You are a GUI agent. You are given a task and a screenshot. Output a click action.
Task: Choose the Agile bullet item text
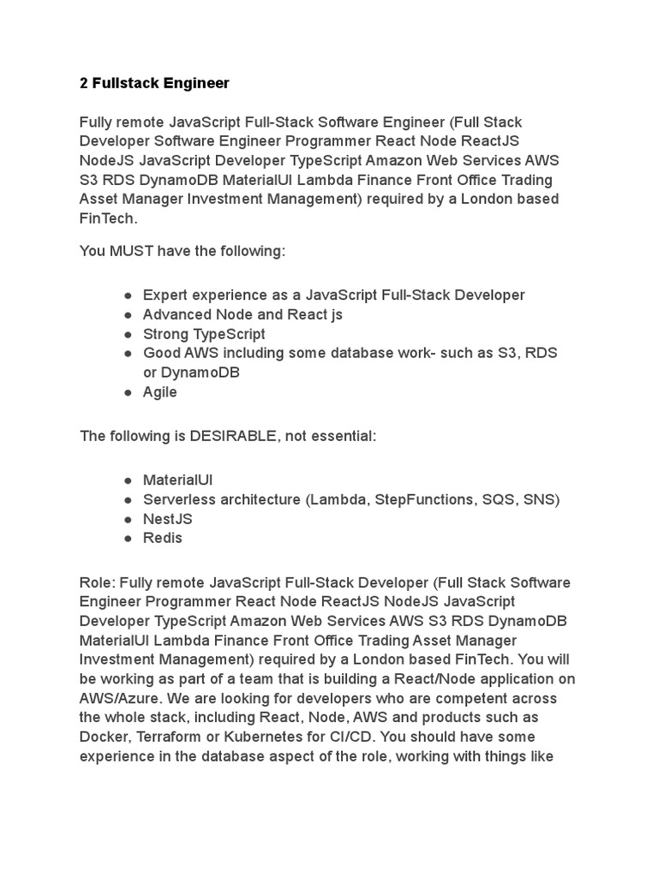tap(160, 391)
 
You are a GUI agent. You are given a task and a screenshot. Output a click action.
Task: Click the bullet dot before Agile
tap(127, 392)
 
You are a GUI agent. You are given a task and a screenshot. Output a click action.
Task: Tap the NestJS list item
tap(168, 518)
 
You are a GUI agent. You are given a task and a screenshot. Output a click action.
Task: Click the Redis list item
tap(163, 538)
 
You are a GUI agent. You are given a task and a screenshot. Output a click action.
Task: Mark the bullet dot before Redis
tap(127, 539)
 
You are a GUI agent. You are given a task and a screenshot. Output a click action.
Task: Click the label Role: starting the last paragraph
tap(98, 582)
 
